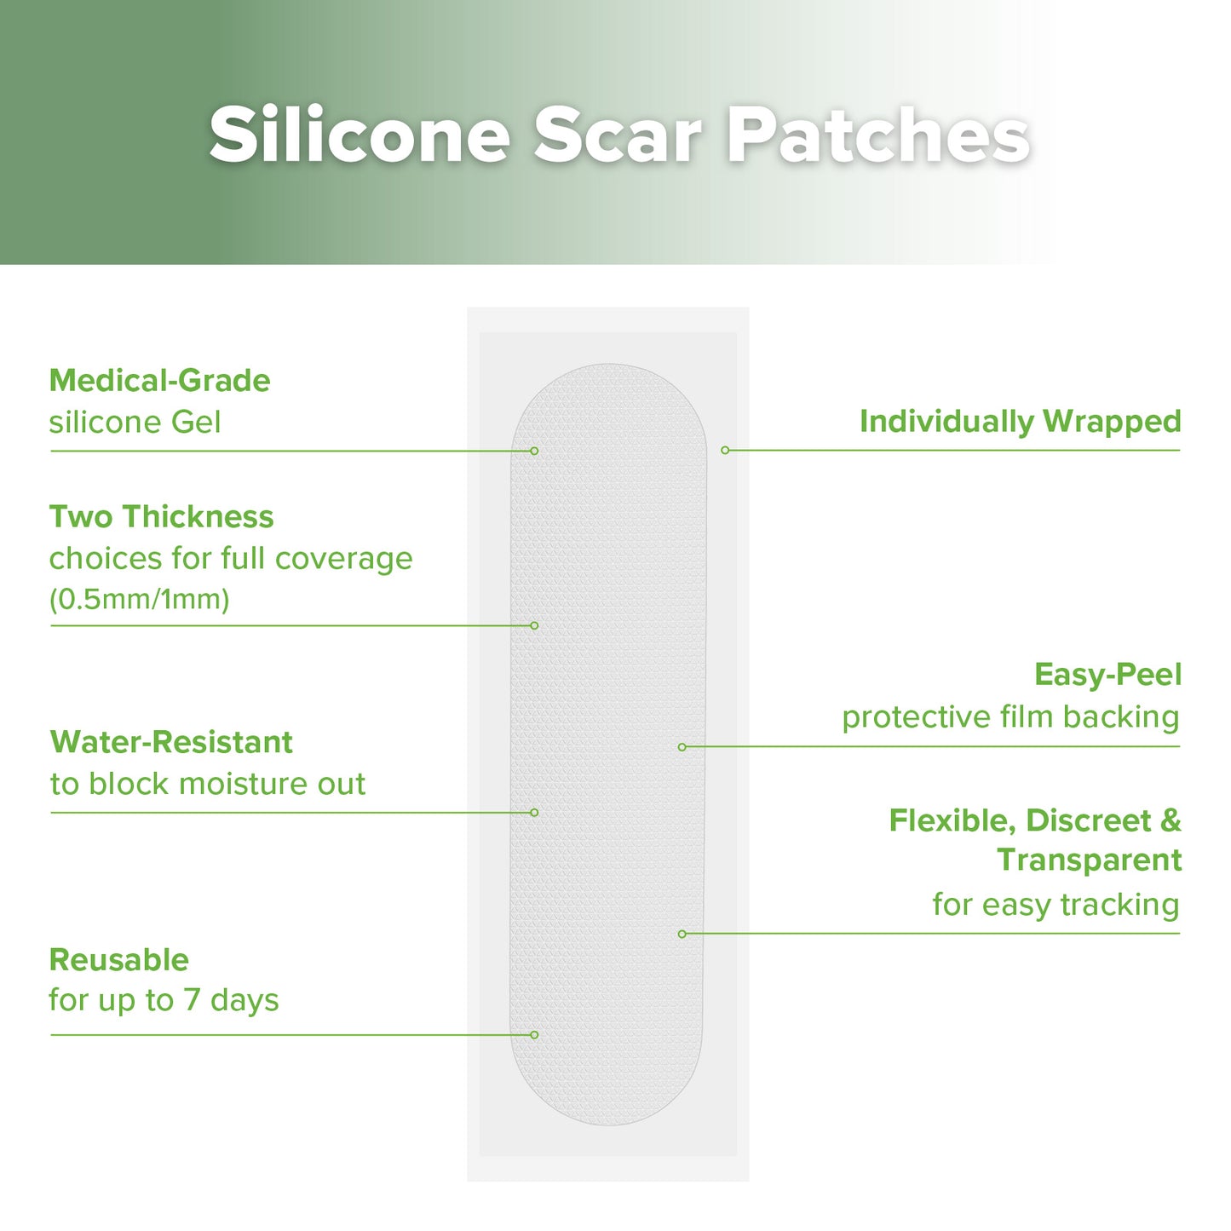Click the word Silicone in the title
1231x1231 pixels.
pos(360,135)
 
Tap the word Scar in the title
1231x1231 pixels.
pos(618,135)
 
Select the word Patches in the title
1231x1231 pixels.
pos(877,135)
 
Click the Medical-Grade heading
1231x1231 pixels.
pos(159,381)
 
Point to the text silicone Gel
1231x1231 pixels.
pos(135,423)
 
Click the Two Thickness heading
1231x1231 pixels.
pos(161,517)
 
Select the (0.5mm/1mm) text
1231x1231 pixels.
pos(139,600)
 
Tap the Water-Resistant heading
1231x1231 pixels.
pos(171,742)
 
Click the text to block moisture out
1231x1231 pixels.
pos(207,784)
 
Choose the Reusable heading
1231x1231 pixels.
pos(119,960)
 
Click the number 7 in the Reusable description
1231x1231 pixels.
pos(192,1000)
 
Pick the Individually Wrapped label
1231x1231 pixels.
pos(1020,422)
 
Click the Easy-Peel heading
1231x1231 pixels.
pos(1107,675)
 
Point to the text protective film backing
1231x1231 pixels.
pos(1010,717)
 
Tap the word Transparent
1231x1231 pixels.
pos(1089,860)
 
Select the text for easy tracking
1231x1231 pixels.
pos(1056,905)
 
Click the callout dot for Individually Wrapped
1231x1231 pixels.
pos(725,450)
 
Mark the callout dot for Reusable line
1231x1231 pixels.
pos(534,1035)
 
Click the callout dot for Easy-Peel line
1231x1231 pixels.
pos(682,747)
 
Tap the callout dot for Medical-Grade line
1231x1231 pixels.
pos(534,451)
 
